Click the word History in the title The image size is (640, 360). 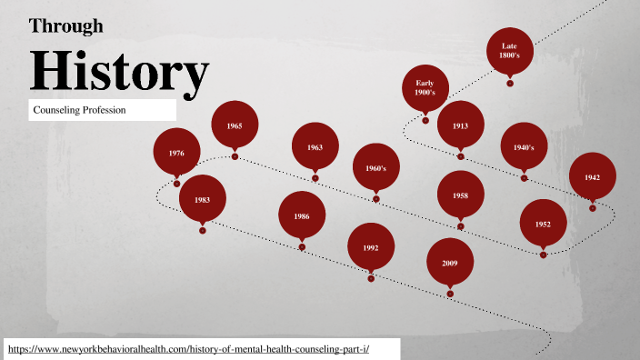point(119,72)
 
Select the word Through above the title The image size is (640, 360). point(66,25)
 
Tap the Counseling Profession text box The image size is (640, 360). point(101,110)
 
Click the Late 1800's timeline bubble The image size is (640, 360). point(510,51)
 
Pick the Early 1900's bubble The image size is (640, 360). point(425,88)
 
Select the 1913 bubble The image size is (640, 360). point(460,125)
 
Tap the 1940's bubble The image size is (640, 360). point(524,146)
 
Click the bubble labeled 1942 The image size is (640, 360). point(592,176)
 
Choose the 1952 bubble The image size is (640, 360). point(543,224)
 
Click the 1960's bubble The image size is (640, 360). point(376,168)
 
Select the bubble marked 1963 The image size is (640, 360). point(315,146)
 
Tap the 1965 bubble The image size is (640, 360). point(235,125)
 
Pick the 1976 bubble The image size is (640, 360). point(176,153)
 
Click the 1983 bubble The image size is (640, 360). point(202,199)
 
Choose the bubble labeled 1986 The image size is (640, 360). point(302,216)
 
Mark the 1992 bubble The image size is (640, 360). point(371,247)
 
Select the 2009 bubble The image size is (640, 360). point(450,262)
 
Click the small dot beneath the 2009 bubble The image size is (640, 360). point(450,294)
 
